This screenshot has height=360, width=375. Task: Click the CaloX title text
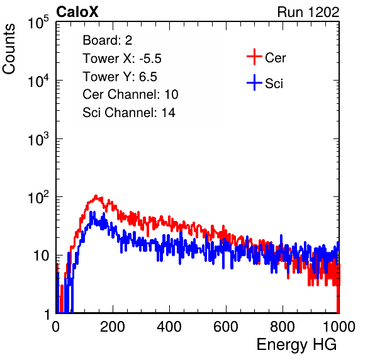(77, 12)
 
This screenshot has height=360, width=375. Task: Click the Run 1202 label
(308, 12)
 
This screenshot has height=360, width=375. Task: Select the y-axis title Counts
(9, 49)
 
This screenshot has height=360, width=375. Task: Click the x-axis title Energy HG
(296, 345)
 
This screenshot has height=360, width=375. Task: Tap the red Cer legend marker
(254, 57)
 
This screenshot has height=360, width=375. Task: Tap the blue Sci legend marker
(254, 82)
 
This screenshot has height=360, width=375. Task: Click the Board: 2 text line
(108, 40)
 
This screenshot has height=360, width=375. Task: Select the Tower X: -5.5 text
(122, 59)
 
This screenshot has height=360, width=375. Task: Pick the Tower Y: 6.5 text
(120, 77)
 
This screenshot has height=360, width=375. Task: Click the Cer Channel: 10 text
(130, 94)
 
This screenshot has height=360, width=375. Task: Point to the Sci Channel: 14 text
(129, 113)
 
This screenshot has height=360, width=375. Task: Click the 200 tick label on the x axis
(113, 327)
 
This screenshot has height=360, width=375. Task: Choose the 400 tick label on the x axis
(169, 327)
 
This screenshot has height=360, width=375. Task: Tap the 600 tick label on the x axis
(226, 327)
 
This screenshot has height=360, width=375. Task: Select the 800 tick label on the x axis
(283, 327)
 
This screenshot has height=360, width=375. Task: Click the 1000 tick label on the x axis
(339, 327)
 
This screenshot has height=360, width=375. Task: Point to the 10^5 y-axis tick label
(38, 22)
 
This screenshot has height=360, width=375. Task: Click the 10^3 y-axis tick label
(38, 138)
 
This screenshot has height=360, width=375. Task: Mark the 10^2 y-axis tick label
(38, 197)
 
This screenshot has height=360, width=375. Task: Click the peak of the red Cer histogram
(96, 196)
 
